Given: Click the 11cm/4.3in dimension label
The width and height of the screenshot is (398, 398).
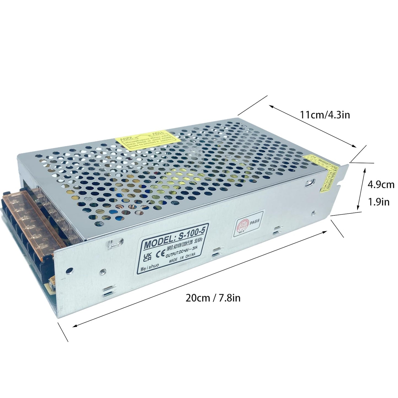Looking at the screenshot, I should pos(325,115).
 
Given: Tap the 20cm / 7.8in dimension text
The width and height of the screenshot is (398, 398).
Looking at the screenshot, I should pos(213,297).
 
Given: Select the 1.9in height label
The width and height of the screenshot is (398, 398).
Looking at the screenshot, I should pos(379,202).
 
